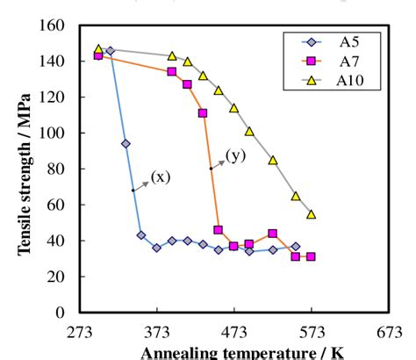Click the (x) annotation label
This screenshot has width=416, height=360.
(160, 177)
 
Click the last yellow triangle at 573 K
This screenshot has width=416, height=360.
(311, 214)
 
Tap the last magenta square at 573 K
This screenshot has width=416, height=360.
(311, 256)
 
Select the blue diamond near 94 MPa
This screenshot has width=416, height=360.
(126, 143)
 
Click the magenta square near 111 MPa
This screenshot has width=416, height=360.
(203, 113)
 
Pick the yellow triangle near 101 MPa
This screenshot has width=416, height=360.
(249, 131)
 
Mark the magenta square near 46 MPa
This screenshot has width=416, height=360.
(218, 229)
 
